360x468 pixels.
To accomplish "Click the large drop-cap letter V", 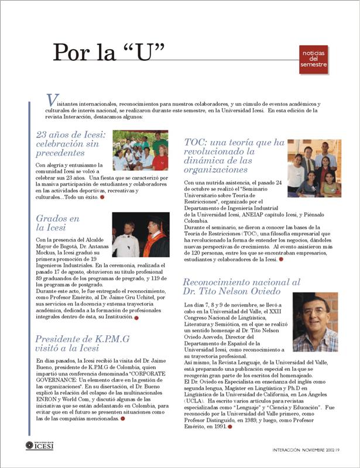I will click(x=52, y=101).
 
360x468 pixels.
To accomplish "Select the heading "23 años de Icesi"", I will click(x=69, y=143).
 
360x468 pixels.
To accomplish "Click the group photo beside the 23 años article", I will click(x=140, y=150).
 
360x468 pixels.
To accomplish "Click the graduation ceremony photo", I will click(x=140, y=235).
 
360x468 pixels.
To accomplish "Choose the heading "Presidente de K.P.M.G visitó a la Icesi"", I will click(x=82, y=343).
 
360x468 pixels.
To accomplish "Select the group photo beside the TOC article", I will click(x=314, y=168).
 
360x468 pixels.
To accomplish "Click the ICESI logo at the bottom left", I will click(x=43, y=446).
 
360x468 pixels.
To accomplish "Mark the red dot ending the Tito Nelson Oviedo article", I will click(x=231, y=426).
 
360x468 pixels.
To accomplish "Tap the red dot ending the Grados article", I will click(x=136, y=318).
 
